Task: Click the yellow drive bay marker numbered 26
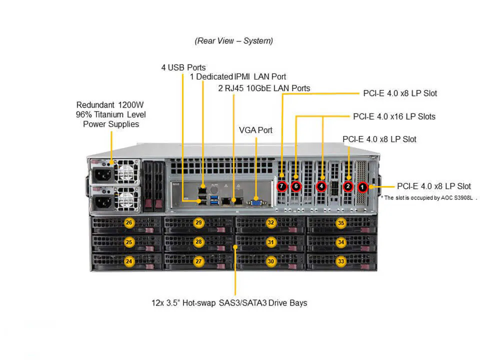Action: (x=129, y=223)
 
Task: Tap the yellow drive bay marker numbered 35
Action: (x=341, y=223)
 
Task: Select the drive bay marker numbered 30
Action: (x=270, y=261)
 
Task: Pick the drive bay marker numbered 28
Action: (x=198, y=242)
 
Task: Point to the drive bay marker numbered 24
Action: (x=129, y=261)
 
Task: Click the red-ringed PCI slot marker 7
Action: (x=282, y=186)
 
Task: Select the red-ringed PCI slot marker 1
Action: (x=363, y=187)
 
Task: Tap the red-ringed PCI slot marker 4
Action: (x=321, y=186)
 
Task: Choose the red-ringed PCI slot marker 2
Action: (x=348, y=186)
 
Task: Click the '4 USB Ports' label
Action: (x=183, y=67)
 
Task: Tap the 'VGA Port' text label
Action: (x=255, y=130)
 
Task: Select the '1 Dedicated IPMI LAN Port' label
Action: (x=238, y=77)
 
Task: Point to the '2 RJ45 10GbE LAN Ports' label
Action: (x=264, y=88)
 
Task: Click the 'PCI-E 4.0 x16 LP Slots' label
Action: (x=394, y=116)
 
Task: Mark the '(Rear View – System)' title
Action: (x=234, y=41)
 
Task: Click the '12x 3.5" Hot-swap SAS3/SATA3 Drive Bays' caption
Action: (x=229, y=303)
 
